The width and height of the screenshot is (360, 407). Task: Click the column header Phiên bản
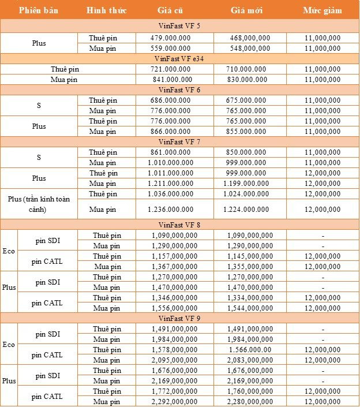click(x=38, y=10)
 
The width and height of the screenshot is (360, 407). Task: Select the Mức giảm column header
click(x=322, y=10)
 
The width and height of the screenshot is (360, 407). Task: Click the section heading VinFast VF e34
click(x=179, y=58)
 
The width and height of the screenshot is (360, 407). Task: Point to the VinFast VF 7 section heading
click(x=179, y=141)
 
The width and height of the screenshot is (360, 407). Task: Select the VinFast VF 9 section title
click(x=179, y=318)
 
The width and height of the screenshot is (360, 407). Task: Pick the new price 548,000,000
click(x=249, y=48)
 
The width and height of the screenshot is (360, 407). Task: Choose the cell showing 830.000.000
click(x=249, y=80)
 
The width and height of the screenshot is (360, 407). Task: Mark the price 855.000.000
click(x=249, y=132)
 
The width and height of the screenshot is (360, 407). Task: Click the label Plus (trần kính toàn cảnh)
click(x=39, y=204)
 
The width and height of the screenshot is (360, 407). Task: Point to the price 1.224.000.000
click(x=249, y=209)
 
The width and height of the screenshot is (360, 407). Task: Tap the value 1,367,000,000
click(x=174, y=266)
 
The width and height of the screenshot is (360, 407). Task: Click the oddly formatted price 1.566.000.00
click(x=249, y=350)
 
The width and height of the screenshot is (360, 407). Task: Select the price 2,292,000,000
click(x=174, y=402)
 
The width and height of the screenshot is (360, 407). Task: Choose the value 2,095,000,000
click(x=174, y=360)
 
